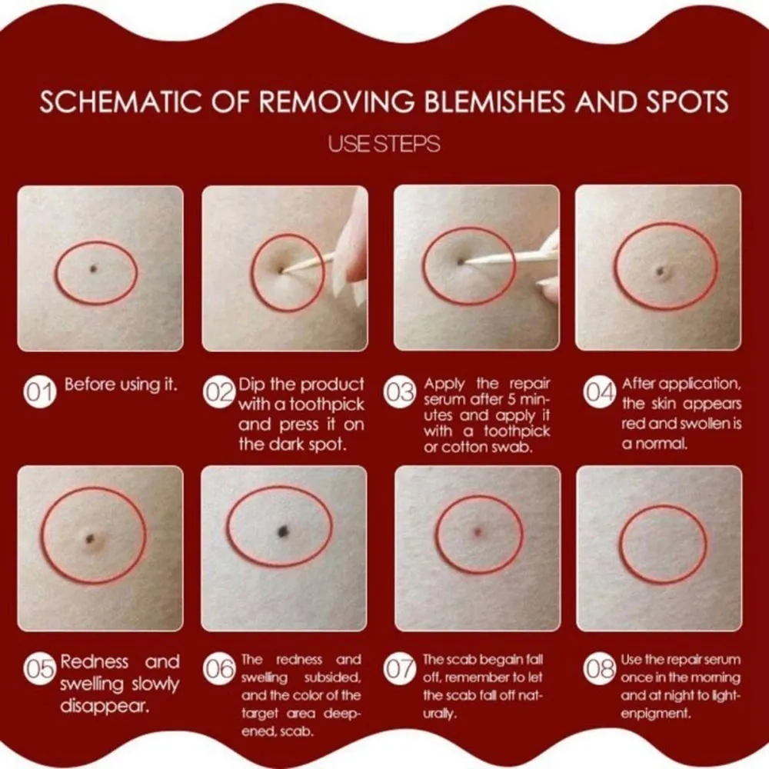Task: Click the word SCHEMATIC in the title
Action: pos(121,102)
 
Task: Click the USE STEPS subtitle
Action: pos(384,144)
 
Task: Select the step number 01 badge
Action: pos(40,392)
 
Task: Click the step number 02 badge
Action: pos(218,392)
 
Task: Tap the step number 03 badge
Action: pos(400,392)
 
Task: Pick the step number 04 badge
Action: pos(599,392)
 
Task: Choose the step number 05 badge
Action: pos(40,669)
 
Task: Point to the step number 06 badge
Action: pos(218,669)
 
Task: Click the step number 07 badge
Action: pos(400,669)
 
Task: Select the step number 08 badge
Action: pos(599,669)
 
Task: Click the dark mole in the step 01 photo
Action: pos(94,268)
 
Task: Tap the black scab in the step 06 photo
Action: pos(283,530)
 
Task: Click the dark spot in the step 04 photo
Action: pos(661,270)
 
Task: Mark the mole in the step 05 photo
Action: pos(90,540)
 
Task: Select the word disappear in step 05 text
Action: pos(105,706)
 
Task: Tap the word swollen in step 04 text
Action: pos(694,423)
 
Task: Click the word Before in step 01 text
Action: pos(90,384)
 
